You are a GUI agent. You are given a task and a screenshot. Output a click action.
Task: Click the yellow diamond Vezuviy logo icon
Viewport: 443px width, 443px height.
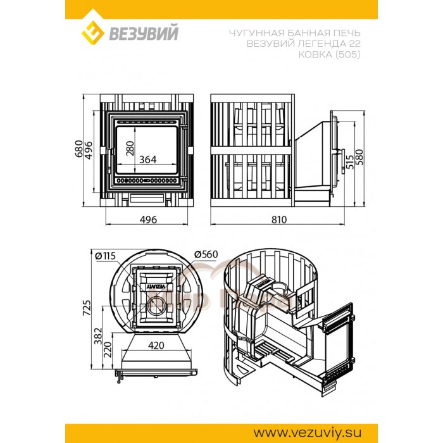pyautogui.click(x=92, y=33)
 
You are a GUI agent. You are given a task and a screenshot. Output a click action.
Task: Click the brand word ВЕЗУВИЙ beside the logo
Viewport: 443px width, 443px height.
pyautogui.click(x=144, y=34)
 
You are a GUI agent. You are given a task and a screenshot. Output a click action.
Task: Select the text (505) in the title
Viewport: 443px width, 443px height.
pyautogui.click(x=348, y=54)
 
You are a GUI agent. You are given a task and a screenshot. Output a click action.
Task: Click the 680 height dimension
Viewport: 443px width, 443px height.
pyautogui.click(x=79, y=148)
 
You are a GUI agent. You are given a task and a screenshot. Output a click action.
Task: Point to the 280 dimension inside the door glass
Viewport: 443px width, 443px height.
pyautogui.click(x=130, y=148)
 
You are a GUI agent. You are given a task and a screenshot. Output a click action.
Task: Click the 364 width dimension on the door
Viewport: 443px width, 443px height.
pyautogui.click(x=148, y=159)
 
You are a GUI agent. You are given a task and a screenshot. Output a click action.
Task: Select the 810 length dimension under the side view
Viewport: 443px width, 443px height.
pyautogui.click(x=279, y=220)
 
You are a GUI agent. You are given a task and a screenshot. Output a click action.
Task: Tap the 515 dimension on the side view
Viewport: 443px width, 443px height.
pyautogui.click(x=350, y=161)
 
